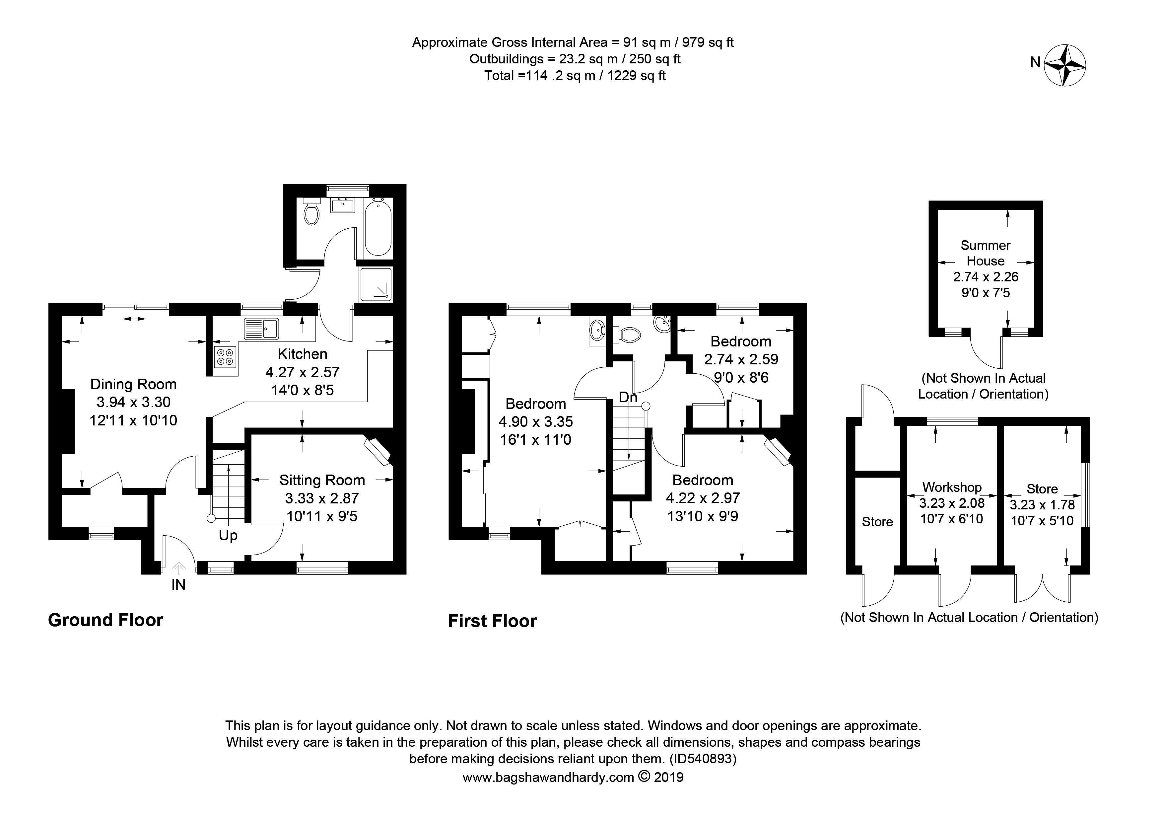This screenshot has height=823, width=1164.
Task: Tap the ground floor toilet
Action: coord(311,213)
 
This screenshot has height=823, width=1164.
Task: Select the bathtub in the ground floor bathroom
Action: coord(378,228)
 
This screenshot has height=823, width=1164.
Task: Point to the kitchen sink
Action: coord(261,328)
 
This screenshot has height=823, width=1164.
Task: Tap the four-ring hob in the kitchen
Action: coord(225,356)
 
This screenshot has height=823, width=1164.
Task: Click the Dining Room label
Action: coord(133,384)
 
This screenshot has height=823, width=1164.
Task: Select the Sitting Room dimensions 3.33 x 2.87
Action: coord(321,498)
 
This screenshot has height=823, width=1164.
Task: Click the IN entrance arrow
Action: coord(178,569)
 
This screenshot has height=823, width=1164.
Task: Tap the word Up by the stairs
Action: coord(228,536)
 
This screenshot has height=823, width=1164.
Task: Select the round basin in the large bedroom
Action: coord(598,331)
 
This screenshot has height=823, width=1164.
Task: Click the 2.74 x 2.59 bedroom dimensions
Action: coord(741,359)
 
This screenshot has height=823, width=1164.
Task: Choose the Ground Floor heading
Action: coord(105,620)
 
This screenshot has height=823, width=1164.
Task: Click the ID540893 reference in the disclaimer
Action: coord(702,759)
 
